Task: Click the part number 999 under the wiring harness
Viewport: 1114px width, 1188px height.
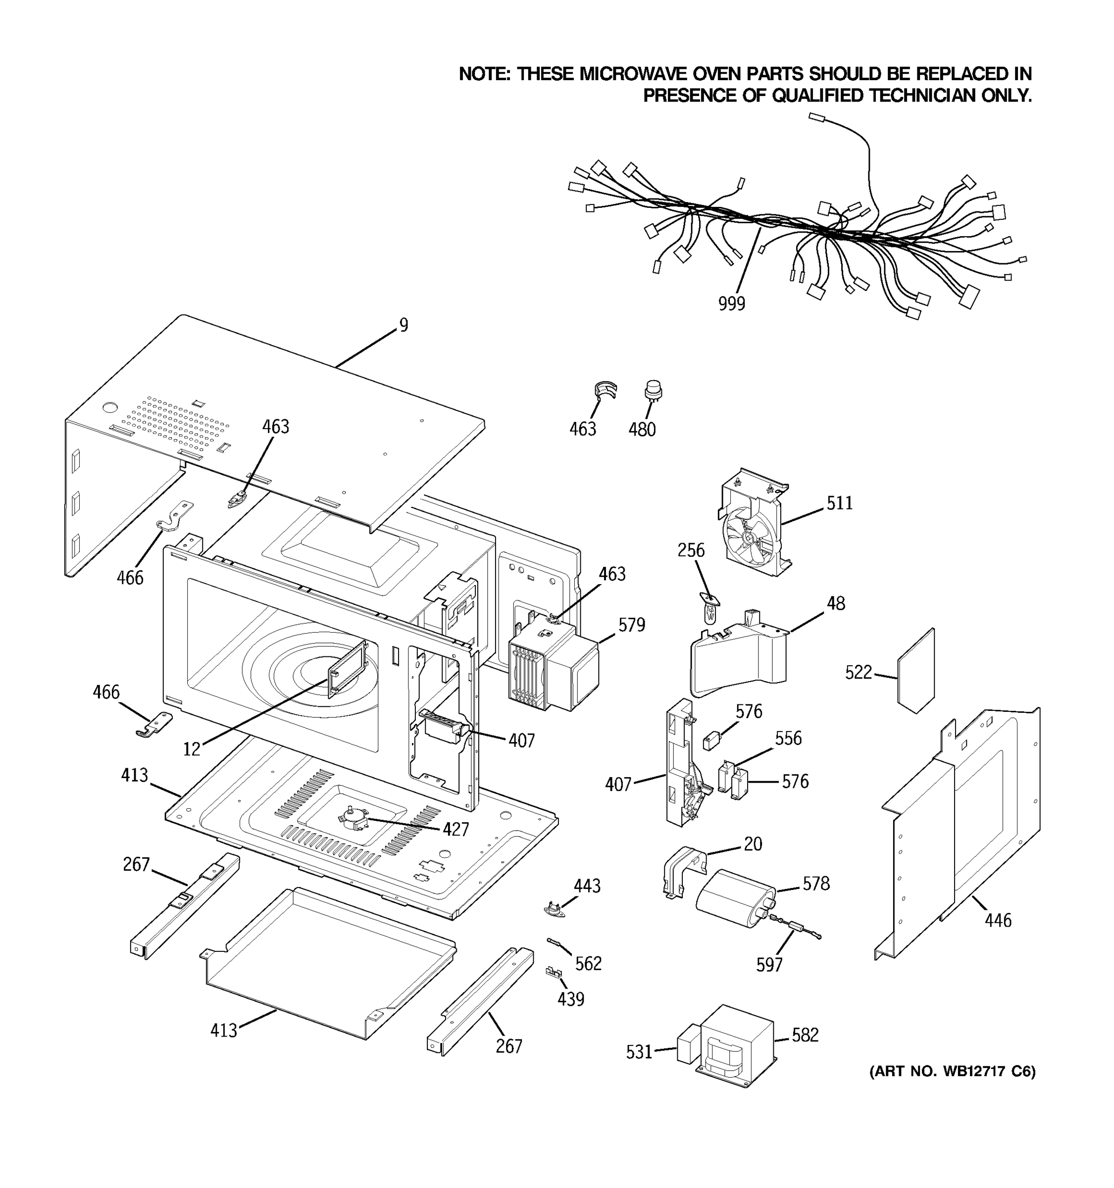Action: tap(731, 304)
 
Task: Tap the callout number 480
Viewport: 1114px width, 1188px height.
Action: tap(642, 430)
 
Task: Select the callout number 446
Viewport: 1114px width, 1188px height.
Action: tap(998, 920)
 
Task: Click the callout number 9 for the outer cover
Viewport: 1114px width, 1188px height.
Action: tap(404, 325)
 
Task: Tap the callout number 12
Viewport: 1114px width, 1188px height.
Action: tap(191, 749)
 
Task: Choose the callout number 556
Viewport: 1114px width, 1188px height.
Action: tap(788, 738)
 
